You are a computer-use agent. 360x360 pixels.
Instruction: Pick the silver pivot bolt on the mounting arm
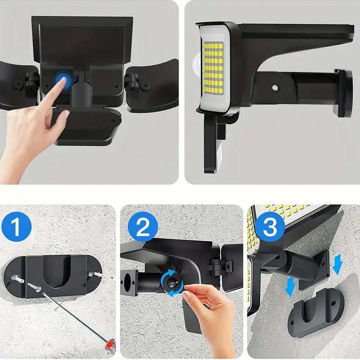coord(273,87)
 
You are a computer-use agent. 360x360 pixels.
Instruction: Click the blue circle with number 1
coord(16,228)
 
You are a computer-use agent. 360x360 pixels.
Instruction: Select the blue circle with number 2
coord(143,228)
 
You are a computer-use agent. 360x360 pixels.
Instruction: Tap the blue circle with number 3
coord(269,227)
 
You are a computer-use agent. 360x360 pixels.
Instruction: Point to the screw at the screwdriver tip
coord(34,284)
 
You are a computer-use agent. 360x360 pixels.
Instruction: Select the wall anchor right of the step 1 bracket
coord(96,273)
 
